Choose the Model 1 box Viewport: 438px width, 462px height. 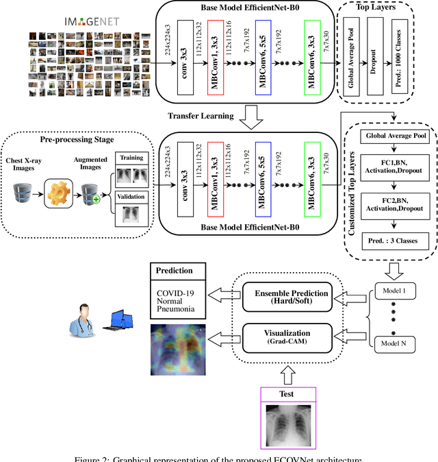394,291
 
